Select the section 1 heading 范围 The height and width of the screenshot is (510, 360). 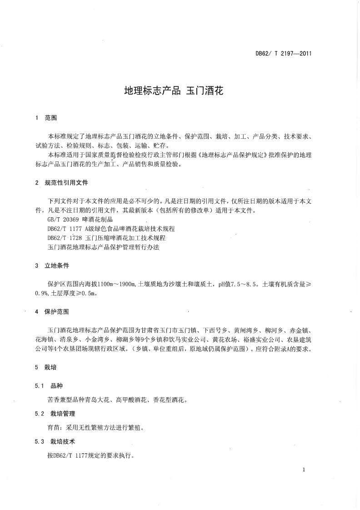(51, 118)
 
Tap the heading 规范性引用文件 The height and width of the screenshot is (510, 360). (66, 183)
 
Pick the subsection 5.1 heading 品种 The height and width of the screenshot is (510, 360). (57, 386)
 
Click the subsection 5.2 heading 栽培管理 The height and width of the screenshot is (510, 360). (63, 414)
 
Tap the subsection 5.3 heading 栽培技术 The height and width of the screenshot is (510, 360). (63, 441)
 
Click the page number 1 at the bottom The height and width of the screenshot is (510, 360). (303, 470)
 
